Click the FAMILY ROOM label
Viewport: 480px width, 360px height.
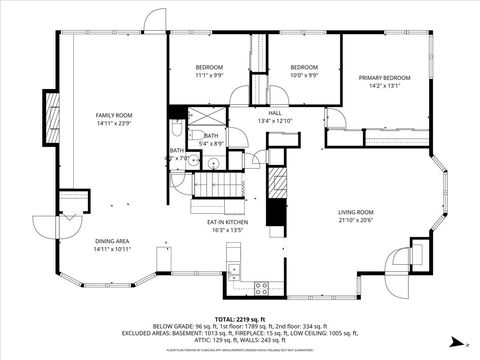click(x=114, y=115)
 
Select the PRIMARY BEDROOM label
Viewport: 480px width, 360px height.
click(x=385, y=77)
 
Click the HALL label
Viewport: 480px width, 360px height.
click(x=274, y=113)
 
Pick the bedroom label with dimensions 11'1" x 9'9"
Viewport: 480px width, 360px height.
click(x=210, y=67)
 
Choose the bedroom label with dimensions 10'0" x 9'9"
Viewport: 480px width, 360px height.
click(x=304, y=67)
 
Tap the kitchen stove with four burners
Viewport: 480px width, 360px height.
click(x=261, y=288)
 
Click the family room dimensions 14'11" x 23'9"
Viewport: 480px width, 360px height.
click(x=114, y=124)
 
